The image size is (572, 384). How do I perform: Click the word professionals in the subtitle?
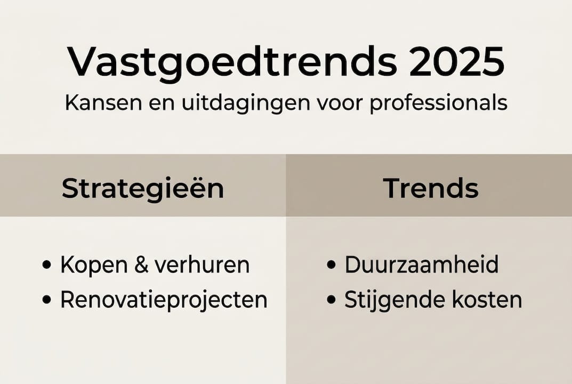438,103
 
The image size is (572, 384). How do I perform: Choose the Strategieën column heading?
143,188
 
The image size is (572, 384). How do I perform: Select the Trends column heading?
431,188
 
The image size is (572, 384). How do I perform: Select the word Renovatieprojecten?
164,300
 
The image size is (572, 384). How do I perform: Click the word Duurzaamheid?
422,265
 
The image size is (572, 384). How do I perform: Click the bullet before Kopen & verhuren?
47,265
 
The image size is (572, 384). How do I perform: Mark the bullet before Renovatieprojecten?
47,300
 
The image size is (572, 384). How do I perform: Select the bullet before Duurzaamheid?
332,265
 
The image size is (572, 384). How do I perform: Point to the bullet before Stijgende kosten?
332,300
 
